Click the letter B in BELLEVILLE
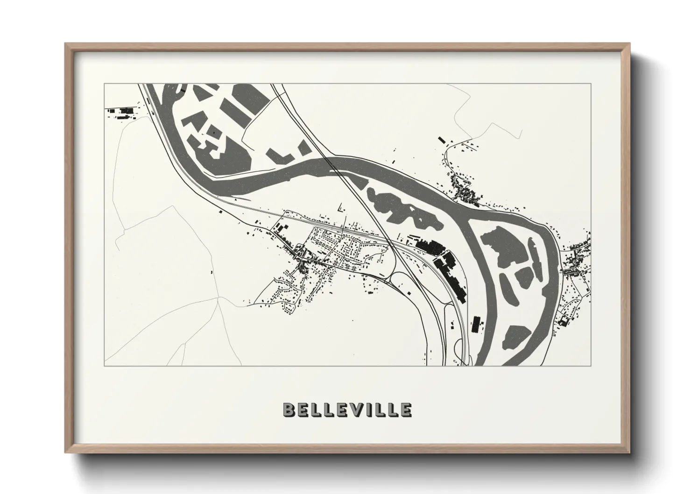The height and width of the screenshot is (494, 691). [289, 409]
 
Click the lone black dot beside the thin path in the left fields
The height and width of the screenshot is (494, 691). [212, 271]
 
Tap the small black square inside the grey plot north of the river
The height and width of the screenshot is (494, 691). [214, 132]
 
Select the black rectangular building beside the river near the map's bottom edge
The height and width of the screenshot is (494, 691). [476, 324]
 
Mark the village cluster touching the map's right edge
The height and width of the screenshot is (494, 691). [578, 261]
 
